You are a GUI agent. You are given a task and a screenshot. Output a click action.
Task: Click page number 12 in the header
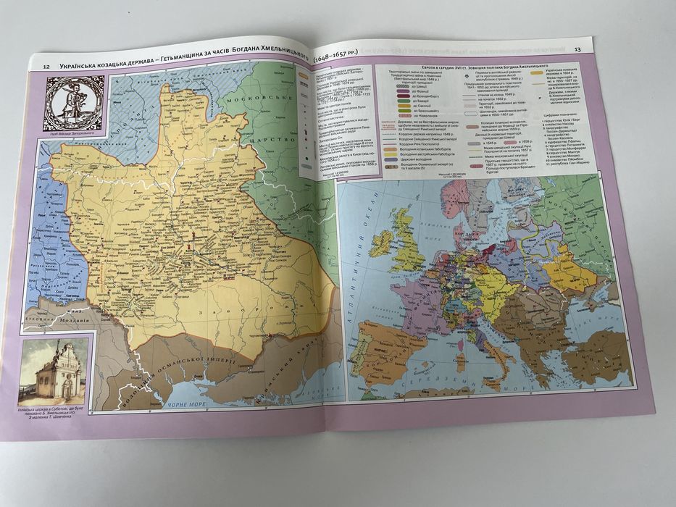46,67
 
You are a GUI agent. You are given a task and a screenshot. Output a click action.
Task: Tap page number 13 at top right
577,49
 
